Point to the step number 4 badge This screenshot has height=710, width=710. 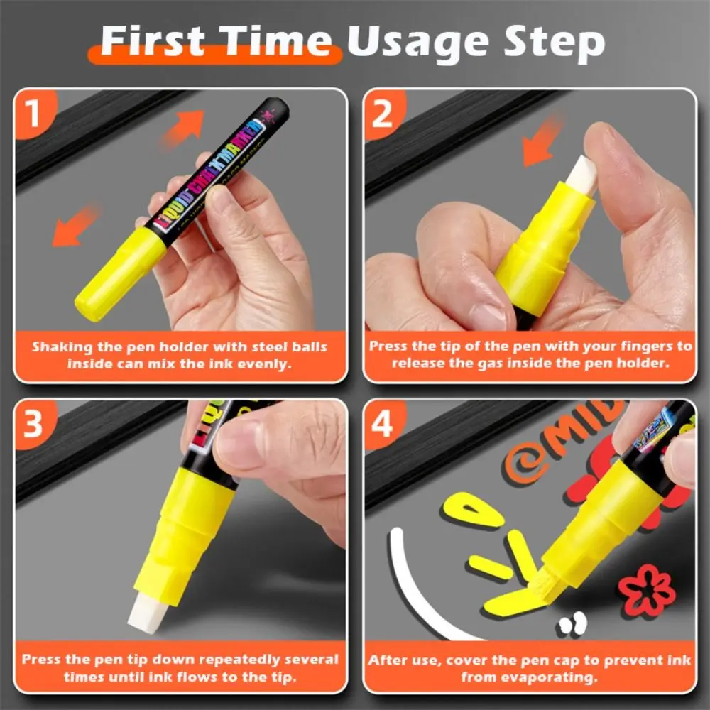click(383, 424)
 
